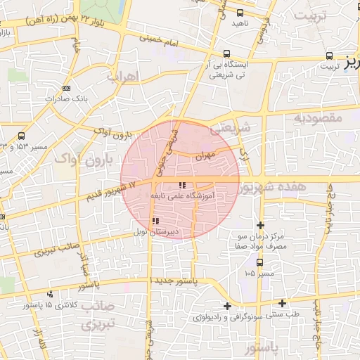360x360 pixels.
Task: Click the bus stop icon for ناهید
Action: point(240,12)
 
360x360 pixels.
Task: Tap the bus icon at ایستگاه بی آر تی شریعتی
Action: point(226,53)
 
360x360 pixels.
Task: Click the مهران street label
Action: point(205,155)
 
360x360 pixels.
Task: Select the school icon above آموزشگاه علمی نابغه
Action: point(173,186)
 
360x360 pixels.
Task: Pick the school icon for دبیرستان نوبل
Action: point(155,221)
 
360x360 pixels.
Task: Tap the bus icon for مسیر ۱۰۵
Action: point(260,262)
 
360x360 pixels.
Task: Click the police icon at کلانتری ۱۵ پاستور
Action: point(49,294)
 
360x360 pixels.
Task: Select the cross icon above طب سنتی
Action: point(282,303)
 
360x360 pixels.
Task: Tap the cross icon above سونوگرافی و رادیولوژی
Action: point(227,306)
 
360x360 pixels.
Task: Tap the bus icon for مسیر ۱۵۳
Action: point(22,136)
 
